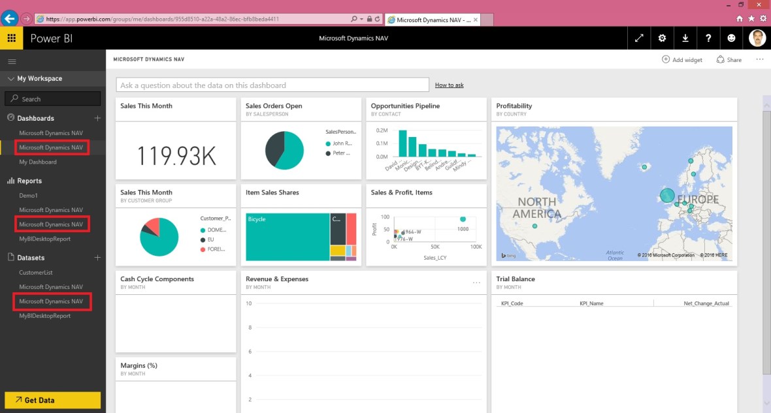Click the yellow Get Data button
pos(52,400)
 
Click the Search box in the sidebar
pos(53,99)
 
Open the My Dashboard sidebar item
pos(38,162)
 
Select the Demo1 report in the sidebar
pos(29,195)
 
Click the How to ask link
pos(449,85)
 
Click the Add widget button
pos(682,59)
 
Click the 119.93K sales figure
pos(176,155)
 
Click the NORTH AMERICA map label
pos(536,207)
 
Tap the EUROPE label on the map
pos(697,200)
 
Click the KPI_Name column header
pos(591,303)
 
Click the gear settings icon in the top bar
pos(662,38)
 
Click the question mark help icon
pos(708,38)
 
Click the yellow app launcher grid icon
pos(11,38)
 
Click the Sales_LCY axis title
pos(435,258)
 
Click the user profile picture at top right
pos(757,38)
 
